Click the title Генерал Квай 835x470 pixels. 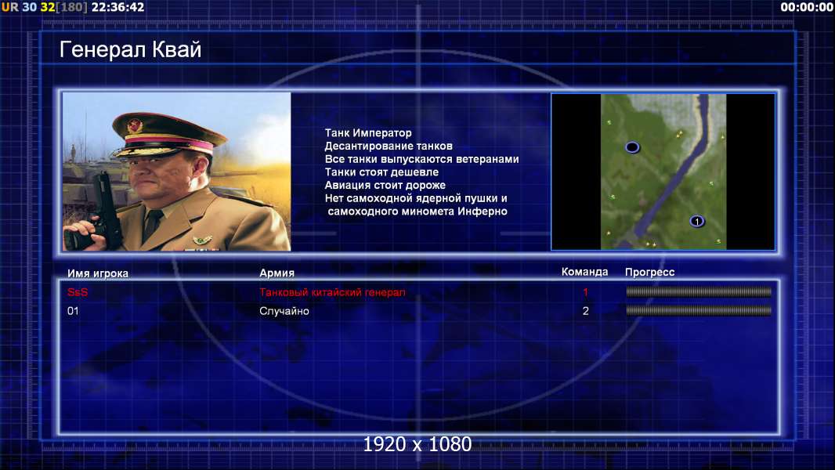coord(131,49)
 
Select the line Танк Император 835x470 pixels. coord(368,133)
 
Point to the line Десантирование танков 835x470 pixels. coord(389,146)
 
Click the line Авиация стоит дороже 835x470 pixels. coord(385,185)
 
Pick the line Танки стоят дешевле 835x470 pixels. coord(381,172)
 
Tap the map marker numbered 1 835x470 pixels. coord(696,222)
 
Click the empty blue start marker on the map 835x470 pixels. coord(632,147)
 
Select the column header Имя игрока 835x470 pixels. coord(97,273)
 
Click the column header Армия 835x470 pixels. coord(277,273)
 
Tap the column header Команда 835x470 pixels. coord(584,272)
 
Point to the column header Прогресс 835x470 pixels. coord(649,272)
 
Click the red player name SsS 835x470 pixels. coord(78,292)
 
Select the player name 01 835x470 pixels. coord(73,311)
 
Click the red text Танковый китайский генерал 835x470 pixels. coord(332,292)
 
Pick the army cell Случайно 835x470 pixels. coord(284,311)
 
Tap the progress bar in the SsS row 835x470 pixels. coord(699,291)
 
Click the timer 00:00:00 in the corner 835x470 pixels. coord(806,7)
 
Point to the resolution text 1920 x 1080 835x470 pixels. coord(417,444)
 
